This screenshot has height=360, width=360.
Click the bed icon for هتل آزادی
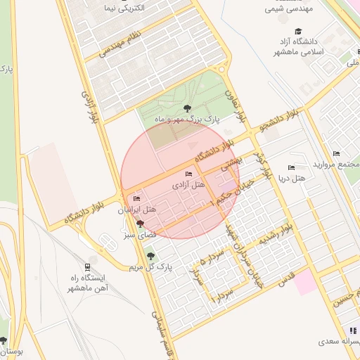[188, 174]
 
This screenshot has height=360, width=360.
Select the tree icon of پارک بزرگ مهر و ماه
[186, 108]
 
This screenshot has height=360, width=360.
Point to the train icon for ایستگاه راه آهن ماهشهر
[87, 267]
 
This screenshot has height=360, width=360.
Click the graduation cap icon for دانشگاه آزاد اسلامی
[299, 32]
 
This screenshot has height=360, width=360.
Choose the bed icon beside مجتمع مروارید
[336, 153]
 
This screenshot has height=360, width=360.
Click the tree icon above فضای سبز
[139, 223]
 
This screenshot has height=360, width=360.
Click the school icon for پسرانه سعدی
[354, 330]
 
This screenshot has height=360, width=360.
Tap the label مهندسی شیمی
[288, 10]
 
